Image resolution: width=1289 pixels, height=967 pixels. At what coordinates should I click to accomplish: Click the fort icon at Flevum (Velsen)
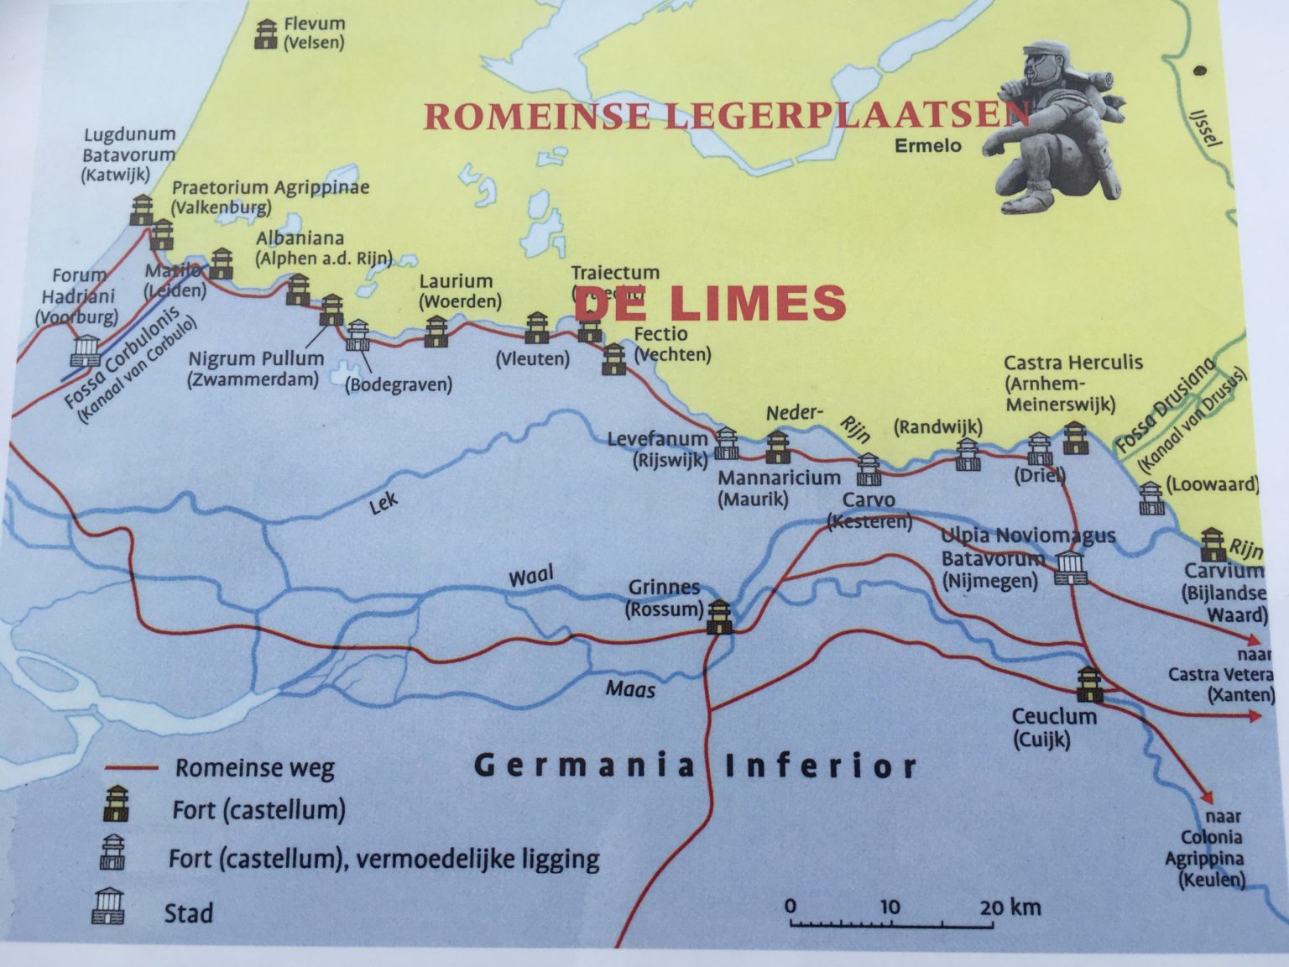pos(266,34)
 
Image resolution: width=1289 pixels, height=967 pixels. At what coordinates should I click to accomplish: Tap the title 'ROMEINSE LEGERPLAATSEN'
pos(726,116)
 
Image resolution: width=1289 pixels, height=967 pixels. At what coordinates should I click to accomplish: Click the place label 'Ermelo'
pos(927,146)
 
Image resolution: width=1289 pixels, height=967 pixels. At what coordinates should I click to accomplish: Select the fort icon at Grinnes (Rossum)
pos(719,616)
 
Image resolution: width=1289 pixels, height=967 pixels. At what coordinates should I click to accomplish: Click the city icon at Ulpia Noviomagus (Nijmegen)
pos(1070,567)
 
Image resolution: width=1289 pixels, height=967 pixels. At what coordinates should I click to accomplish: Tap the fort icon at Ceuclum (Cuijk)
pos(1088,684)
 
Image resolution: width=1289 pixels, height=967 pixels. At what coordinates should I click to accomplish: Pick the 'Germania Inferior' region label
pos(695,766)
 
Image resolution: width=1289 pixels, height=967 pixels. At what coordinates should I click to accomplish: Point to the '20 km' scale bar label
pos(1010,907)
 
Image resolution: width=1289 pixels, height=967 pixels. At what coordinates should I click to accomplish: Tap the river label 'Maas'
pos(630,689)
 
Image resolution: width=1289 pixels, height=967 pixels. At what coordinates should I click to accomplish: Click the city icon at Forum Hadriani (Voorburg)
pos(87,350)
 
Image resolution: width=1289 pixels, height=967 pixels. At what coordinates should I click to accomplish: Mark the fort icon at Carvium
pos(1211,545)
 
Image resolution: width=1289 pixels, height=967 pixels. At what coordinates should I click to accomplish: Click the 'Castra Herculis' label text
pos(1073,363)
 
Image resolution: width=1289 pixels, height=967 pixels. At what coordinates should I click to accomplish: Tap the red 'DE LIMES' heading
pos(710,304)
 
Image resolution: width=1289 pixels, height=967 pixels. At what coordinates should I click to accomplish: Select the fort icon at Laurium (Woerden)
pos(436,332)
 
